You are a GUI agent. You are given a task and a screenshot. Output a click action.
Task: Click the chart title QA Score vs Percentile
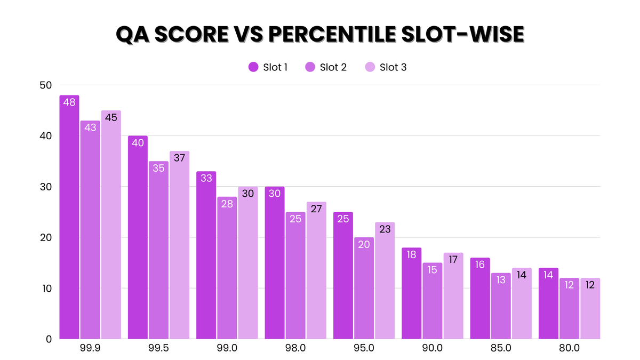320,34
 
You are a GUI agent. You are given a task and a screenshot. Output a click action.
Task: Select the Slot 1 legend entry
269,67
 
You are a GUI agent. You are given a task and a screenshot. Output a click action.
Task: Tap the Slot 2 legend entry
326,67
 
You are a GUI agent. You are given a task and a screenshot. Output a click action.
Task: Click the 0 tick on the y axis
49,339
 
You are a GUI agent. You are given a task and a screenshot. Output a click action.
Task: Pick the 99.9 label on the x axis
90,348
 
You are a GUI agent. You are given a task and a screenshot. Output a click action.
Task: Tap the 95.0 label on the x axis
364,348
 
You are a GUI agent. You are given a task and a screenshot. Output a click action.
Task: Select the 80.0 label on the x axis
569,348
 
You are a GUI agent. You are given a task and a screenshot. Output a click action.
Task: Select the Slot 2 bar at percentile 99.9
90,230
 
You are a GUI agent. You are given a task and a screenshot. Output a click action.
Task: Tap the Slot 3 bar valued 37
180,245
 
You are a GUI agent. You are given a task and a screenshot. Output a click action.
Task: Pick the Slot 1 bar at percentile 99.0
206,255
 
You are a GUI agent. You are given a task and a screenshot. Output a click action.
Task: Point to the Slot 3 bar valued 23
385,281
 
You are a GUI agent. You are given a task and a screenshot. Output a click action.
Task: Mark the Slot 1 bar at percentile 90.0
412,293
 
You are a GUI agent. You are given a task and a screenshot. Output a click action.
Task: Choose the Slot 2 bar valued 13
501,306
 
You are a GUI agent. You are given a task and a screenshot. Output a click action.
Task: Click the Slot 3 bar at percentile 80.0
590,309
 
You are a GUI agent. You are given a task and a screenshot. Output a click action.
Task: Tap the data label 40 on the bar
138,143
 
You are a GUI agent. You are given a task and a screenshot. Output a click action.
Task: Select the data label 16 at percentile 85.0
480,265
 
